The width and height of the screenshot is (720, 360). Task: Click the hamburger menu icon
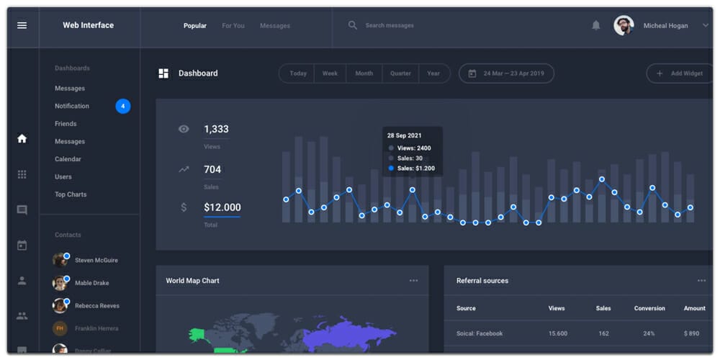(x=22, y=25)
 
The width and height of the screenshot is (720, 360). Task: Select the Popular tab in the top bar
(x=194, y=26)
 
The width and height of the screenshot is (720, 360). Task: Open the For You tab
(x=233, y=26)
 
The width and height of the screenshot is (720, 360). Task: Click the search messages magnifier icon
(x=353, y=25)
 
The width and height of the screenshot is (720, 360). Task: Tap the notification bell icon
(x=595, y=25)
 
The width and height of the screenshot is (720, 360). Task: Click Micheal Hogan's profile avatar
(x=624, y=25)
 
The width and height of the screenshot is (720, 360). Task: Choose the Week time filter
(x=330, y=73)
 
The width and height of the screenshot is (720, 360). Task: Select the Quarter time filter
(x=400, y=73)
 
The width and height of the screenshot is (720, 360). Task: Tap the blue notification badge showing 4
(x=123, y=107)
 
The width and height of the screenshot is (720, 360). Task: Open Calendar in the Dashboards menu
(x=68, y=159)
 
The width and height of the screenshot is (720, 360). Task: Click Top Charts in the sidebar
(x=71, y=194)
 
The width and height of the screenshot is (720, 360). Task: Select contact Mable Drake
(x=91, y=283)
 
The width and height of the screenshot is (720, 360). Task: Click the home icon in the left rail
(x=22, y=138)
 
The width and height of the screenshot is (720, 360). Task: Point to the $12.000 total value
(x=222, y=207)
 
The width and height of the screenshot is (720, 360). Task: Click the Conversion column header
(x=649, y=308)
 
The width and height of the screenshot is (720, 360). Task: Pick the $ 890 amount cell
(x=691, y=333)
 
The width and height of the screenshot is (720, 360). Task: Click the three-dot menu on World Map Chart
(x=413, y=281)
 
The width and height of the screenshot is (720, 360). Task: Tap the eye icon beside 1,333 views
(x=184, y=129)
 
